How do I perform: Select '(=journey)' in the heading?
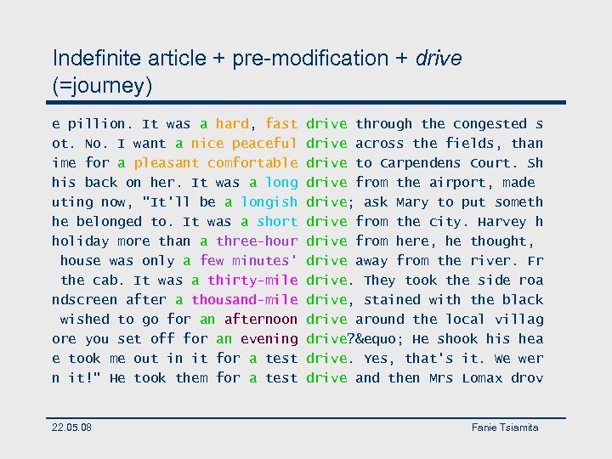click(102, 85)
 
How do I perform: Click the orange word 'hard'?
click(232, 124)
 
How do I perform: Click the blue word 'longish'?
click(269, 202)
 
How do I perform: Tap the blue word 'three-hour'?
click(257, 241)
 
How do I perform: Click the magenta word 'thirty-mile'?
click(252, 280)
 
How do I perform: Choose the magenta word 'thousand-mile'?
click(244, 300)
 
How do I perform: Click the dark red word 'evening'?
click(269, 339)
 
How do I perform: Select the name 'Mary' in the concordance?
click(412, 202)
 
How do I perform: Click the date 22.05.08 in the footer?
click(72, 427)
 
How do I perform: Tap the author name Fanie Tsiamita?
click(505, 427)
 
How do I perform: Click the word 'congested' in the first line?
click(490, 124)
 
